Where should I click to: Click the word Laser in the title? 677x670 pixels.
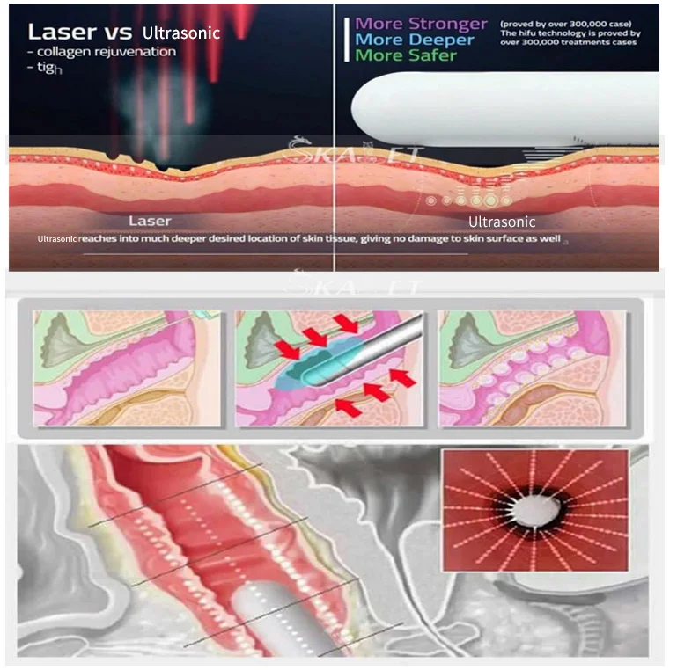[61, 33]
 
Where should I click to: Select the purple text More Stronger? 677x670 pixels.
[422, 24]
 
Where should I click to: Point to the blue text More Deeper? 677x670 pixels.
[413, 40]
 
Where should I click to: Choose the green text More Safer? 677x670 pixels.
[406, 55]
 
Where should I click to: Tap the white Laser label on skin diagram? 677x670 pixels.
[150, 221]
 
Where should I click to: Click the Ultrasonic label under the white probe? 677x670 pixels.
[502, 222]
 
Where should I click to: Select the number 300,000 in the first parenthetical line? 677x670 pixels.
[579, 24]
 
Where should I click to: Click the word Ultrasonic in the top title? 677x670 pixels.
[181, 33]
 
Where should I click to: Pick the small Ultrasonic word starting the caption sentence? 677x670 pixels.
[57, 239]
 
